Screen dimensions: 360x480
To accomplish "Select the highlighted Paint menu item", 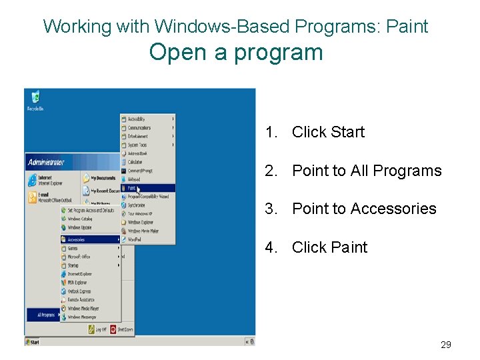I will click(x=134, y=188).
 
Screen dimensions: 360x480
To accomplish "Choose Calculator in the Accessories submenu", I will click(x=135, y=162).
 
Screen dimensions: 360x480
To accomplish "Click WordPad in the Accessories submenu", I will click(x=135, y=239).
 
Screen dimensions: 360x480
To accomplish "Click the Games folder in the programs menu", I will click(x=73, y=248).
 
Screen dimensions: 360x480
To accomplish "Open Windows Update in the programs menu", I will click(x=79, y=227).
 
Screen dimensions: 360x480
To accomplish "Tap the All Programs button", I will click(x=47, y=315).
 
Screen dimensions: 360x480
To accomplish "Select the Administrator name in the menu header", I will click(x=47, y=161).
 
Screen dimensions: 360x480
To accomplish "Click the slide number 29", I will click(x=446, y=345).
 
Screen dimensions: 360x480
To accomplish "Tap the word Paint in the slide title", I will click(x=407, y=27).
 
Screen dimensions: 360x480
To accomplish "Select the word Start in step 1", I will click(x=347, y=132).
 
